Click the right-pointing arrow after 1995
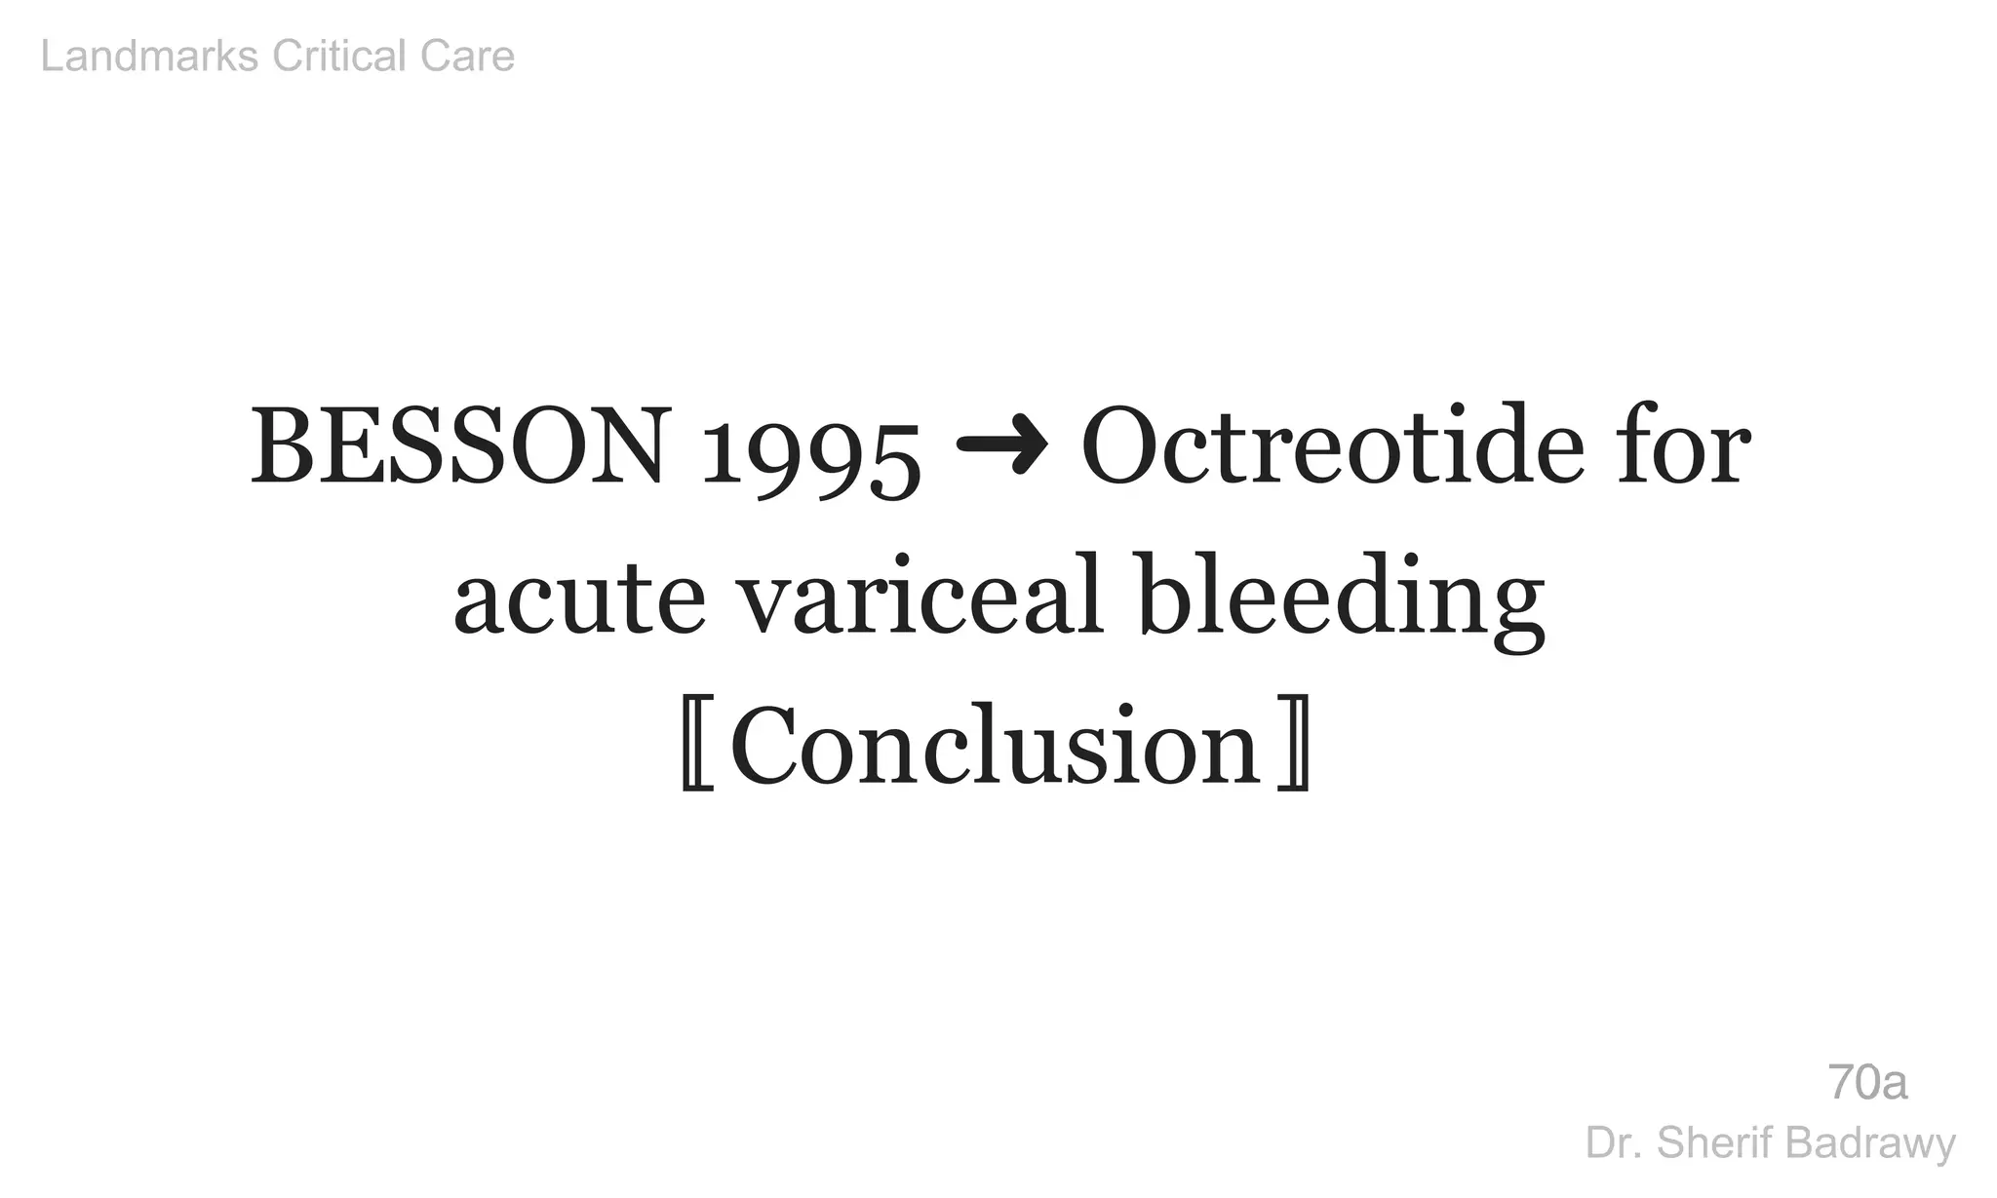point(1001,445)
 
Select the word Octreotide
point(1332,447)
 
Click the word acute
point(579,597)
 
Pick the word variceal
point(920,597)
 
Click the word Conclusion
point(996,746)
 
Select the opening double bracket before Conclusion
point(697,746)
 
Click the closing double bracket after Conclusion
point(1293,746)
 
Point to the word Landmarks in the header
point(150,57)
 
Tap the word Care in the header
point(467,57)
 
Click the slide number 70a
point(1867,1083)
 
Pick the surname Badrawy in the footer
point(1869,1143)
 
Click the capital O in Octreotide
point(1120,447)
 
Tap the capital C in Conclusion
point(769,746)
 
